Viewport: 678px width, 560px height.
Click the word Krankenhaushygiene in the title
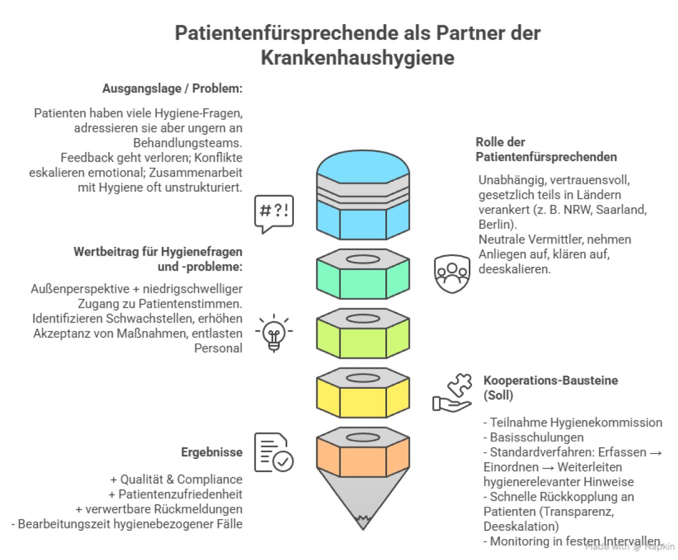[x=357, y=58]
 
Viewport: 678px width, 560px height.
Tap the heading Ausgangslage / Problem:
[x=172, y=88]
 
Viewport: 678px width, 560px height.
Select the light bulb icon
[x=274, y=332]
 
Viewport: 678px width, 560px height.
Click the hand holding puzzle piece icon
[x=452, y=393]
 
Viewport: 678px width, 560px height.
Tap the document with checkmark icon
[x=274, y=452]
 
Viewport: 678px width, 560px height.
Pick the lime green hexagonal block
[x=363, y=335]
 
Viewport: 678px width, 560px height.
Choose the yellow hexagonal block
[x=363, y=394]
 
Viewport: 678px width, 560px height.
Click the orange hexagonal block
[x=363, y=454]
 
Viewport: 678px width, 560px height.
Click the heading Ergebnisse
[x=211, y=452]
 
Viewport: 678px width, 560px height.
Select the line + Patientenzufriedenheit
[x=176, y=494]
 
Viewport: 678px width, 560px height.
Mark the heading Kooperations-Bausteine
[x=550, y=381]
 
